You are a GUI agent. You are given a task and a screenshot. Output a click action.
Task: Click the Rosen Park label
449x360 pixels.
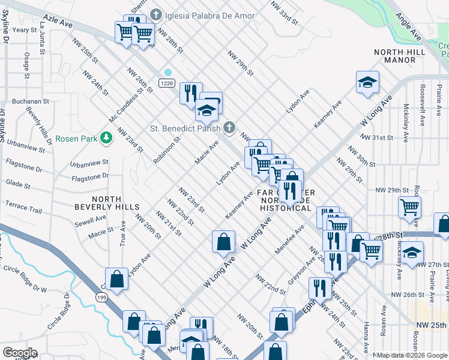coord(76,138)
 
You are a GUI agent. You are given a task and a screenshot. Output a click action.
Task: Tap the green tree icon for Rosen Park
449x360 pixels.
coord(106,138)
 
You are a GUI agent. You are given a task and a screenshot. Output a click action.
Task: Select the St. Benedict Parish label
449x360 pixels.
coord(185,127)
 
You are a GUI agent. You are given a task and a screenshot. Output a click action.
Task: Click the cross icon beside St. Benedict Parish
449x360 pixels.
coord(228,127)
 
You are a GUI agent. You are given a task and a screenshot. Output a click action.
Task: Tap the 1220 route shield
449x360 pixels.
coord(167,82)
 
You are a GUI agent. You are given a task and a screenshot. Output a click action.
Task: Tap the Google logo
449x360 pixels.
coord(19,353)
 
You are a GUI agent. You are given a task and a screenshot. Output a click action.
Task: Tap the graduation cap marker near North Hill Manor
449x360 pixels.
coord(367,83)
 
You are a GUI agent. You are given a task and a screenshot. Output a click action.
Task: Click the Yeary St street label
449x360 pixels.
coord(25,29)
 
